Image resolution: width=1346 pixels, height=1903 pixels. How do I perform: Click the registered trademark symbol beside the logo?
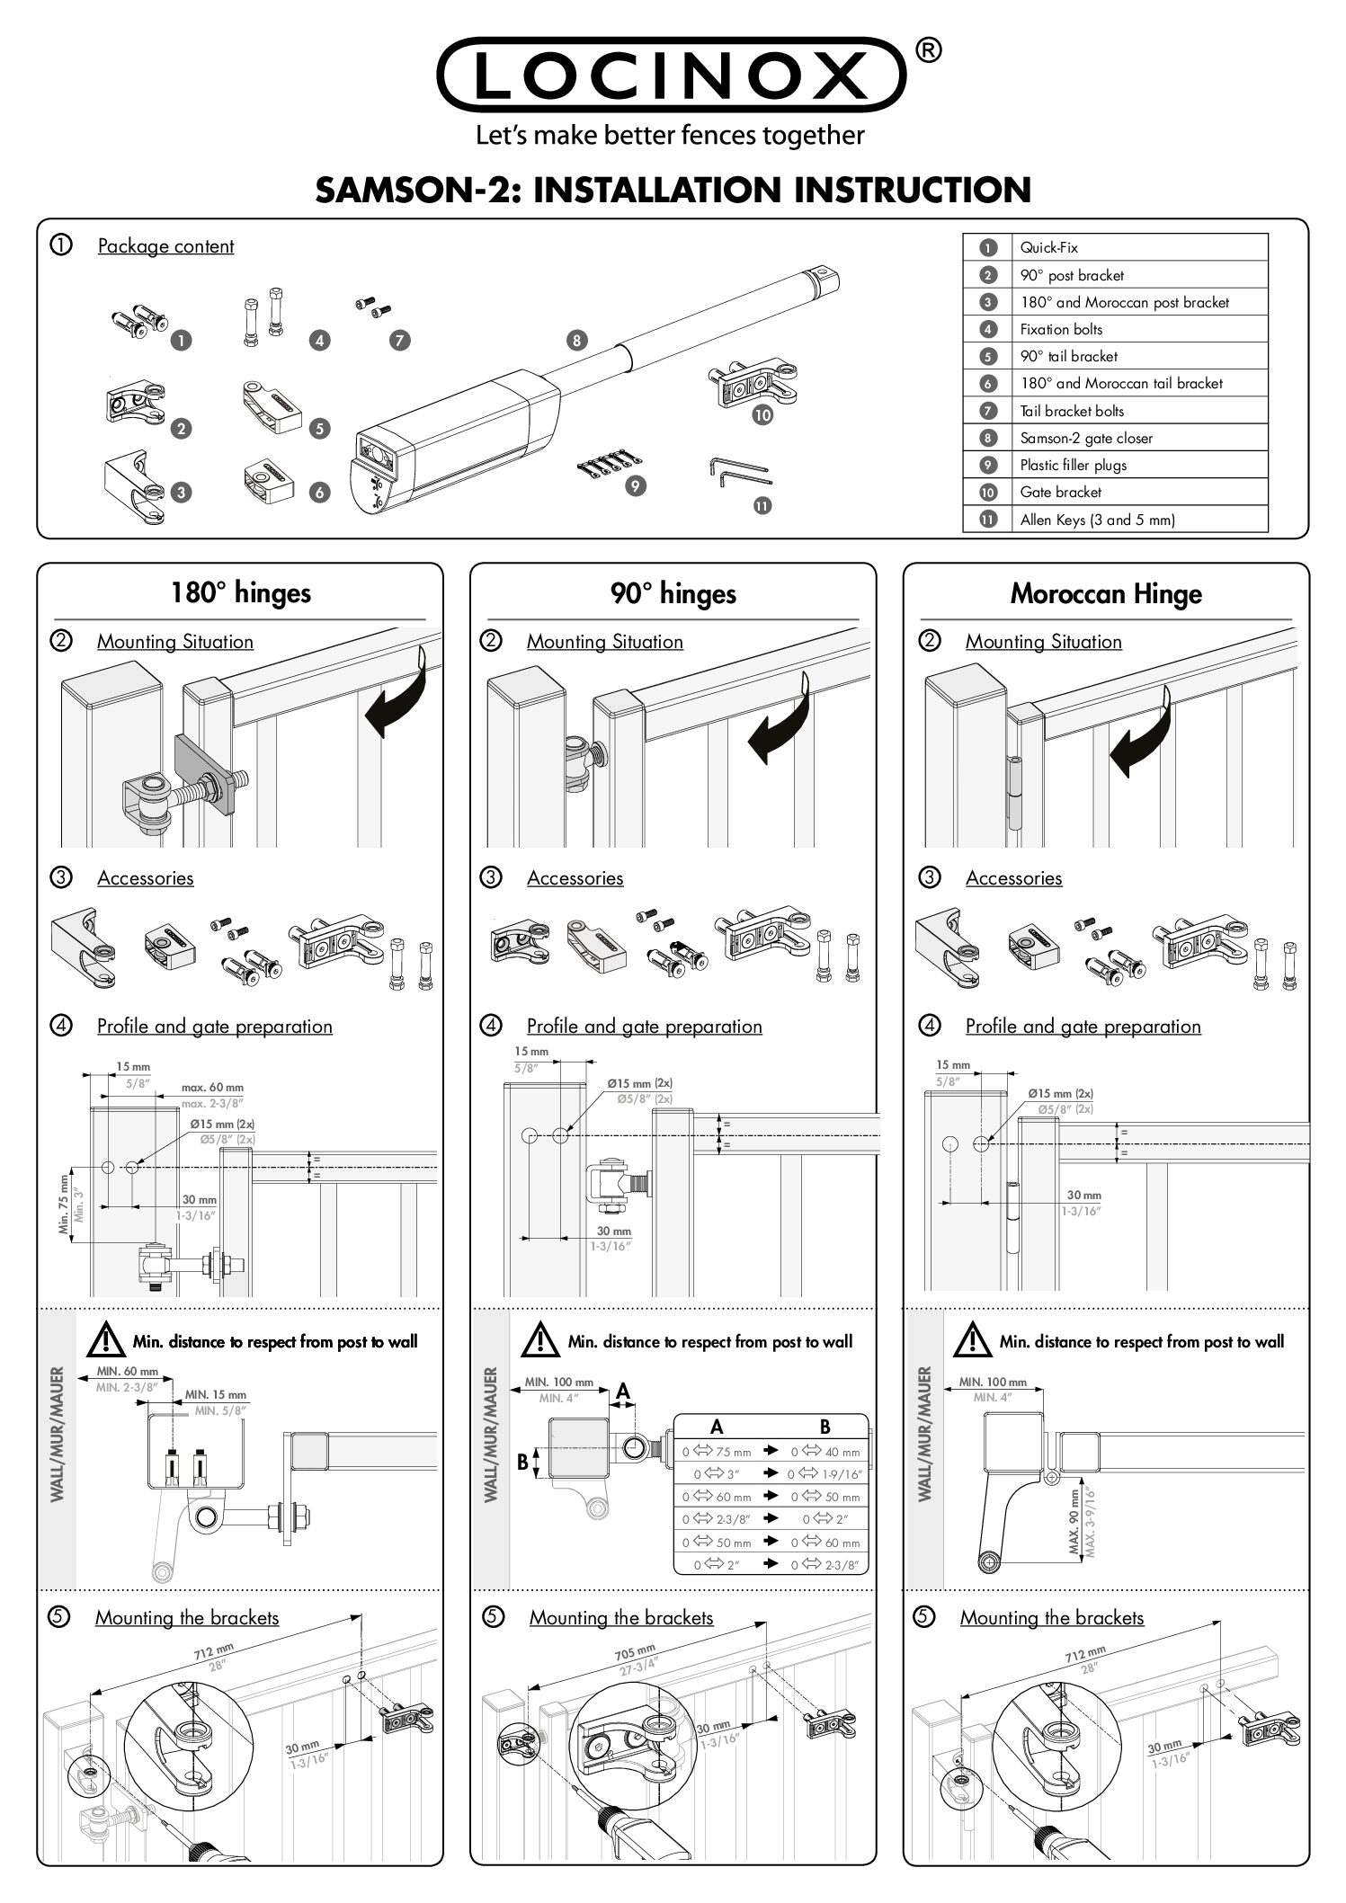[929, 52]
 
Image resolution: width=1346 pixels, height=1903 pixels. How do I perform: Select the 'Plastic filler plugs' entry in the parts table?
[1073, 465]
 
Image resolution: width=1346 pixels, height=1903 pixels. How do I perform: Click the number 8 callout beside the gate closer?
[576, 340]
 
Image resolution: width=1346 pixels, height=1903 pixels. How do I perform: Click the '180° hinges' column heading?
[240, 592]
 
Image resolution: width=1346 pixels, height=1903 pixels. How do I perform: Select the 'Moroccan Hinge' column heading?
[1105, 593]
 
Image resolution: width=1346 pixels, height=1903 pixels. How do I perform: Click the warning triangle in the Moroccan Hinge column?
[972, 1342]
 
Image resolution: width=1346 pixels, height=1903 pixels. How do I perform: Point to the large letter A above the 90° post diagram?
[622, 1392]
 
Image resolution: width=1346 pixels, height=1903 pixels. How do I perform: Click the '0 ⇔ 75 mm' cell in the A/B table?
[717, 1452]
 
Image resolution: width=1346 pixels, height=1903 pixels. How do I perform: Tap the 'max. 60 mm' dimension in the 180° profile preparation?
[212, 1088]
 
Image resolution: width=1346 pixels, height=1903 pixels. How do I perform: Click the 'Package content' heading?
[165, 246]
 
